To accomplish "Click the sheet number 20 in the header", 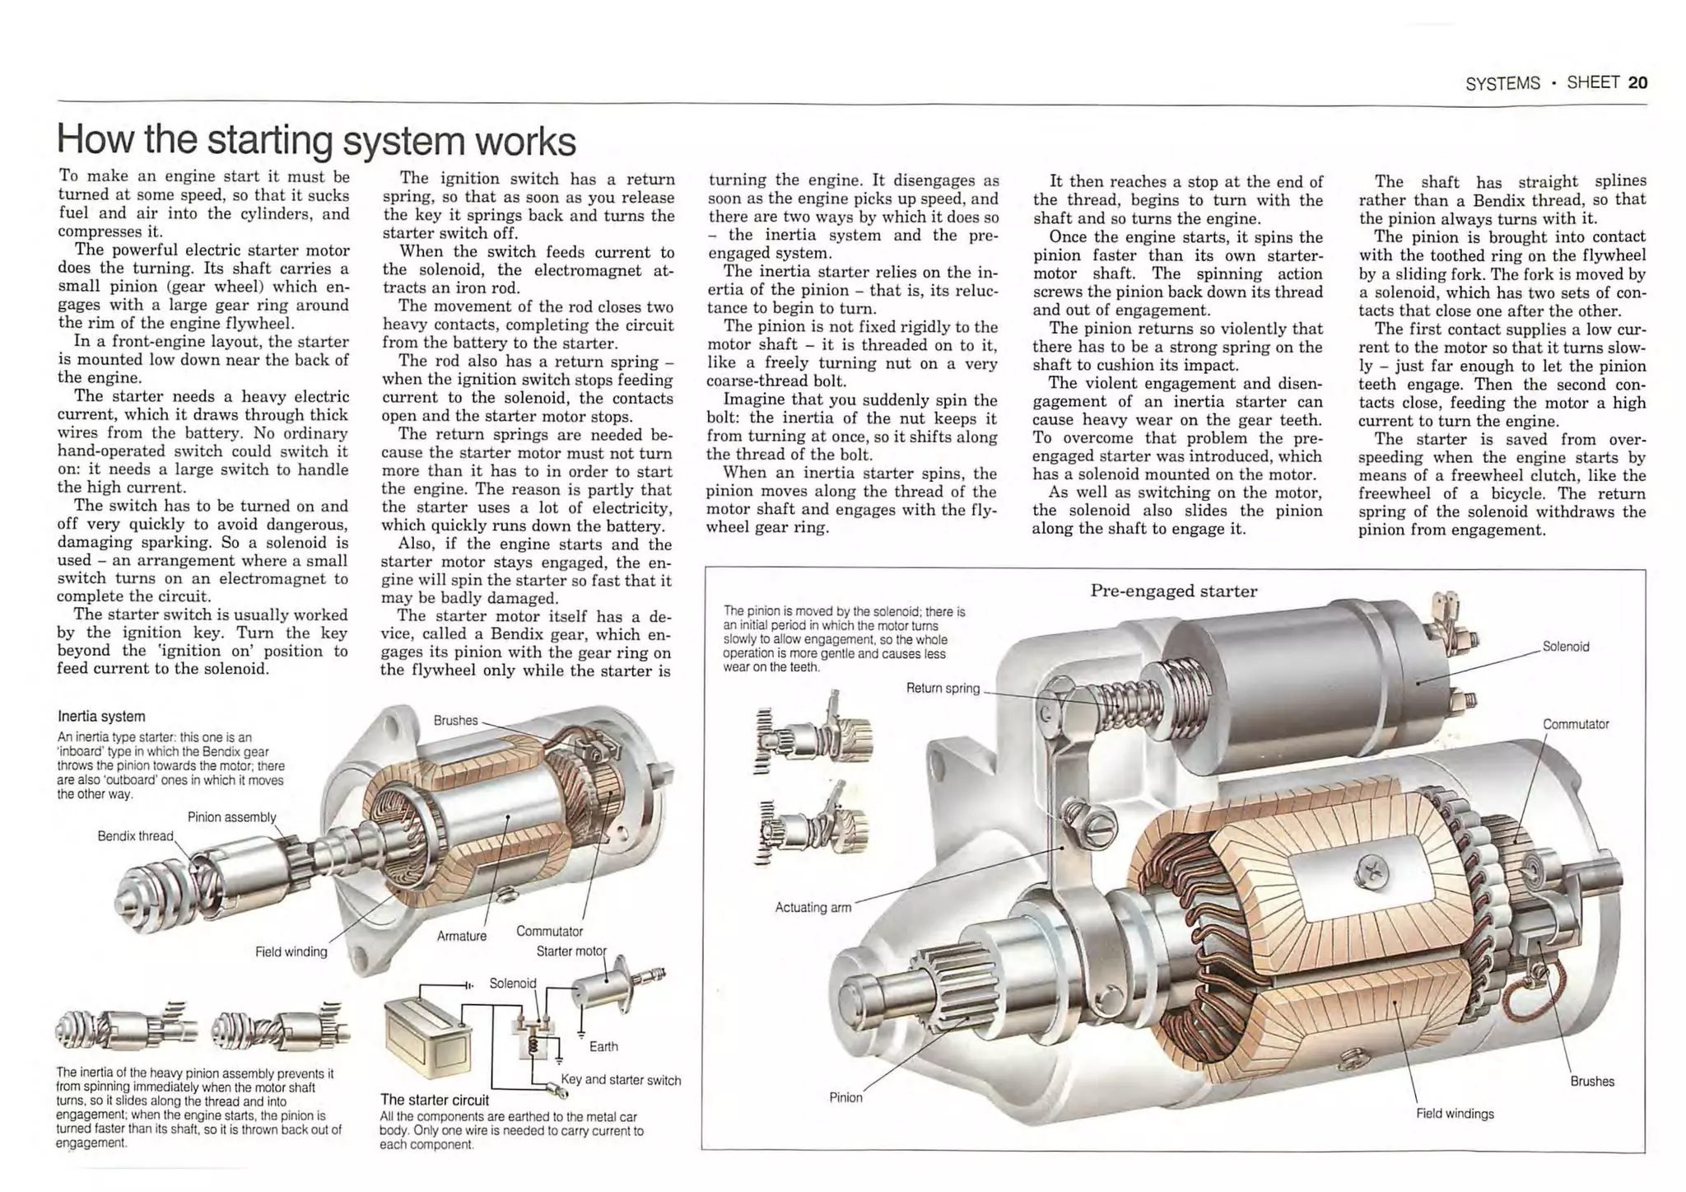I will [1637, 82].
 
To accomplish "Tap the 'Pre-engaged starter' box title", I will [1173, 591].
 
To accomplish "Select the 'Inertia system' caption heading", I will [101, 716].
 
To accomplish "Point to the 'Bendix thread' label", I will [135, 836].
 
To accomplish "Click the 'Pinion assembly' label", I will [231, 817].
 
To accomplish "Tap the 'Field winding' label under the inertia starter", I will [291, 951].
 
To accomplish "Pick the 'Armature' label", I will [461, 936].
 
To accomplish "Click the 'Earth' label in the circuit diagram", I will [603, 1046].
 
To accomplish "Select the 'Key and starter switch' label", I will [621, 1080].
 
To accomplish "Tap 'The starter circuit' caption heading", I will [434, 1100].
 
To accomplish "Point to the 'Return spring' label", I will [943, 688].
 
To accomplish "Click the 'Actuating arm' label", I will [813, 907].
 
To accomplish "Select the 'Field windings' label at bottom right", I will [1455, 1114].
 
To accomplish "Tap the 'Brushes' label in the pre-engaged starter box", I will [1591, 1082].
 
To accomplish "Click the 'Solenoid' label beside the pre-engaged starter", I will [1565, 647].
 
